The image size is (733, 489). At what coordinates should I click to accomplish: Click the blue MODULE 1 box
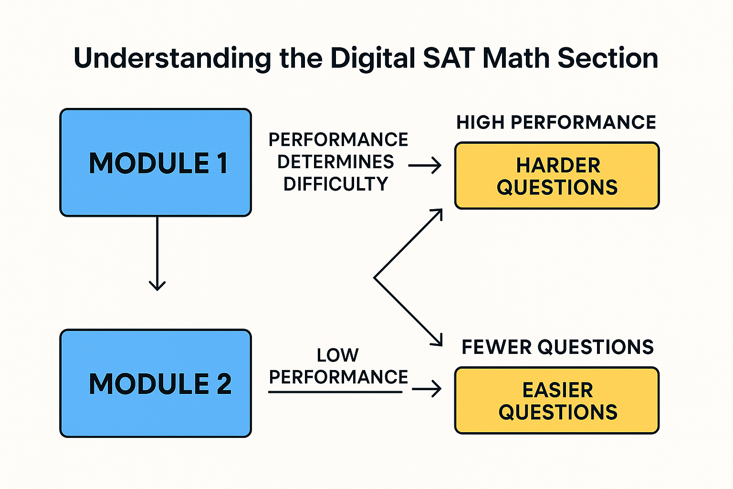[156, 162]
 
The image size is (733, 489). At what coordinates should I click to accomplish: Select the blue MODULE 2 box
[156, 383]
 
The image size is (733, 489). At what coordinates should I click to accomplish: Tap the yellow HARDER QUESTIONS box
[557, 176]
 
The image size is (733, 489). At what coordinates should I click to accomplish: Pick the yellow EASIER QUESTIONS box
[557, 401]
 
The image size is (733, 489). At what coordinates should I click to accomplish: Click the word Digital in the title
[373, 59]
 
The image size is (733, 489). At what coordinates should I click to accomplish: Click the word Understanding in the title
[173, 59]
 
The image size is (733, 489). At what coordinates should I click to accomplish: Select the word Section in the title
[608, 58]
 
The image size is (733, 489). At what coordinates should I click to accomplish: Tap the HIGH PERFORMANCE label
[556, 122]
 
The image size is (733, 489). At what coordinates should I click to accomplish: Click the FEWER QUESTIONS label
[557, 347]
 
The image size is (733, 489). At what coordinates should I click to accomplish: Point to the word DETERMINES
[335, 162]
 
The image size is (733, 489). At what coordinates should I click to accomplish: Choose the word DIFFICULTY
[335, 184]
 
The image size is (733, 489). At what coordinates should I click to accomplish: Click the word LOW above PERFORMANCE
[337, 355]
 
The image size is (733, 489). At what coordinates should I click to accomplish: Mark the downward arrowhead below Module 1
[157, 286]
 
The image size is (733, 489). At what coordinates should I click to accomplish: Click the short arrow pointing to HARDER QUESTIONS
[425, 166]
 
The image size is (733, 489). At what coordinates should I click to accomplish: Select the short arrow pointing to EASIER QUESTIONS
[427, 389]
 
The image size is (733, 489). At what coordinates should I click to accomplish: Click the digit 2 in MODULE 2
[224, 383]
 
